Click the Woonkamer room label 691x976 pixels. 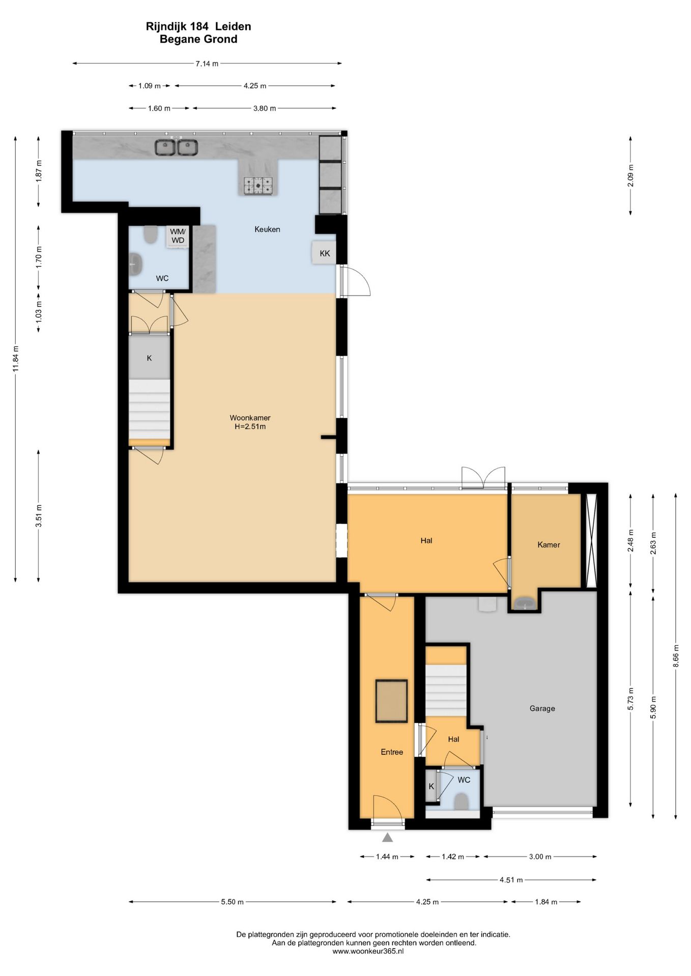pyautogui.click(x=250, y=418)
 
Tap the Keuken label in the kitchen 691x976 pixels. pyautogui.click(x=267, y=229)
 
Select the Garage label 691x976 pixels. pyautogui.click(x=542, y=708)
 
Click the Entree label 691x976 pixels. pyautogui.click(x=392, y=752)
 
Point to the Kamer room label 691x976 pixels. pyautogui.click(x=549, y=544)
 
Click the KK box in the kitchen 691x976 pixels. pyautogui.click(x=324, y=253)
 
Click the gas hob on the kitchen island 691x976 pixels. pyautogui.click(x=258, y=186)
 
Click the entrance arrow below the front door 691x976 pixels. pyautogui.click(x=387, y=837)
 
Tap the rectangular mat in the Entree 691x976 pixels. pyautogui.click(x=391, y=701)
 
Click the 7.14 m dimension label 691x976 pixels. pyautogui.click(x=207, y=64)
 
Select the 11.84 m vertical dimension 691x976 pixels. pyautogui.click(x=16, y=359)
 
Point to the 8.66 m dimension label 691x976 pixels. pyautogui.click(x=676, y=658)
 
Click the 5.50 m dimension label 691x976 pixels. pyautogui.click(x=232, y=902)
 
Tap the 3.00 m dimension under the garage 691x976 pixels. pyautogui.click(x=540, y=857)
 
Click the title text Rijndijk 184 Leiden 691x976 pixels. pyautogui.click(x=198, y=26)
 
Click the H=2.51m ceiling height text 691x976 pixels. pyautogui.click(x=250, y=426)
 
